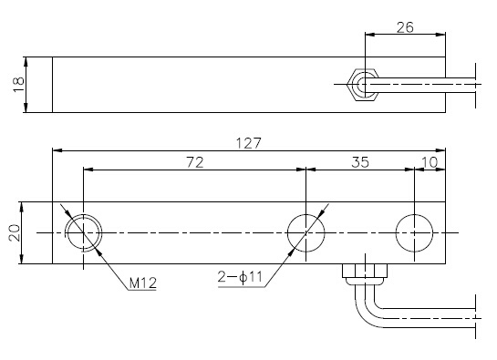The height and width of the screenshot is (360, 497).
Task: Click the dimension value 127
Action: [x=249, y=143]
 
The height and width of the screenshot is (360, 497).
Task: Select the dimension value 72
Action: [x=194, y=162]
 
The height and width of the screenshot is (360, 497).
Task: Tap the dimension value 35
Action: [x=360, y=162]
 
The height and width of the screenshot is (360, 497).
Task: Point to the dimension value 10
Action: [x=430, y=162]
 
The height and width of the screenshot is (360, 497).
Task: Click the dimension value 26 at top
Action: [x=405, y=27]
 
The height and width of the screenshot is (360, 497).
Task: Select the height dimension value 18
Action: [x=19, y=85]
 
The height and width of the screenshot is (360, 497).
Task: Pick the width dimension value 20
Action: [x=15, y=233]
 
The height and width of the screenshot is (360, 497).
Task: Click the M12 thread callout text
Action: [x=143, y=283]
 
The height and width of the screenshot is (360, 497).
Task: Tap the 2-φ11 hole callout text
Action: [x=240, y=277]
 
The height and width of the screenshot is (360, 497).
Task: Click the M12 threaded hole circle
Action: [x=83, y=214]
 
